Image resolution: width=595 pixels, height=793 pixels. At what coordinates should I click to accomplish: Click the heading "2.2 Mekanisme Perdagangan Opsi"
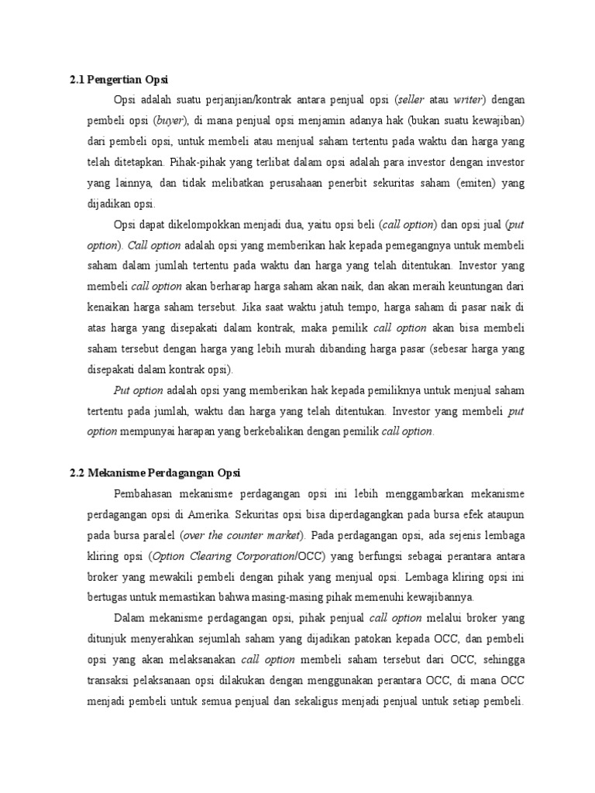click(155, 472)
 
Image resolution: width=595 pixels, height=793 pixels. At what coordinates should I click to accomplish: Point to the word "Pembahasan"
click(146, 493)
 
